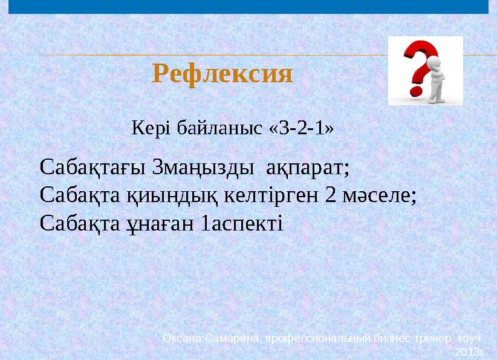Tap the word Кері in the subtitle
145,128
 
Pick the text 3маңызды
203,166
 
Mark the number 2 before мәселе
330,195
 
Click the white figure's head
434,62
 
